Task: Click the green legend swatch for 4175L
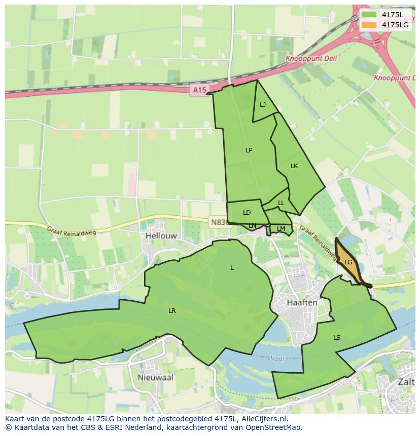pyautogui.click(x=369, y=15)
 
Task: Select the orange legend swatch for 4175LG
pyautogui.click(x=369, y=25)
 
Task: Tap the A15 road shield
pyautogui.click(x=199, y=90)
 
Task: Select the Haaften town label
pyautogui.click(x=302, y=302)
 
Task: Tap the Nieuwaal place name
pyautogui.click(x=155, y=377)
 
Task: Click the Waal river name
pyautogui.click(x=275, y=358)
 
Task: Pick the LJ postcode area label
pyautogui.click(x=263, y=105)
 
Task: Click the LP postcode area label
pyautogui.click(x=249, y=150)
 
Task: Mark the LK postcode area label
pyautogui.click(x=294, y=166)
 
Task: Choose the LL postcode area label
pyautogui.click(x=281, y=203)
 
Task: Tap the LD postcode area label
pyautogui.click(x=247, y=213)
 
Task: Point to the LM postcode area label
pyautogui.click(x=281, y=229)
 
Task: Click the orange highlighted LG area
pyautogui.click(x=348, y=262)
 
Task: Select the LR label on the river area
pyautogui.click(x=172, y=310)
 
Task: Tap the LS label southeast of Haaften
pyautogui.click(x=337, y=337)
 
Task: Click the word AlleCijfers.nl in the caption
pyautogui.click(x=263, y=419)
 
